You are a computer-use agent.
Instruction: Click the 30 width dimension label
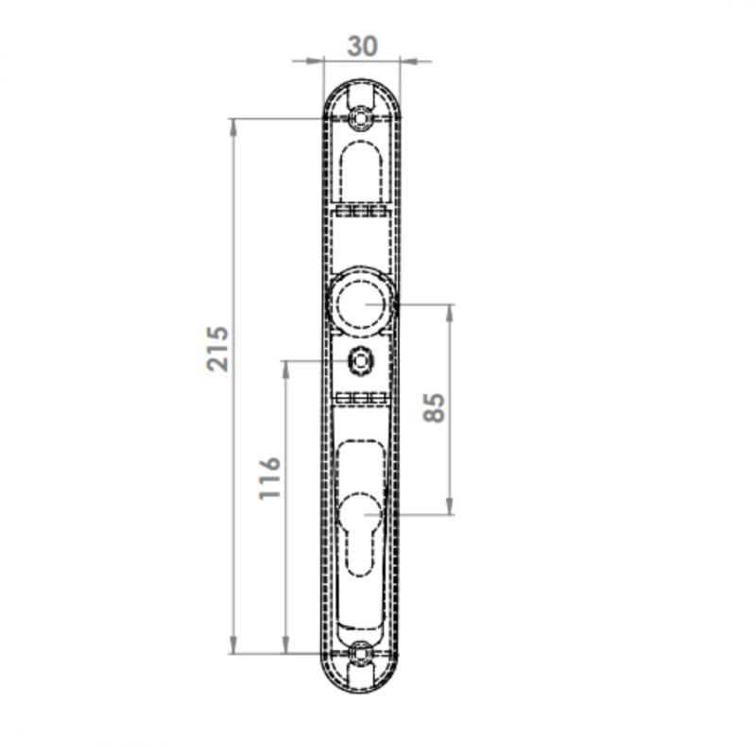362,46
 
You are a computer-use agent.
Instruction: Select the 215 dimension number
217,349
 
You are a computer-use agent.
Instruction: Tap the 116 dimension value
269,477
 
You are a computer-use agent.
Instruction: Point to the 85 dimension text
434,408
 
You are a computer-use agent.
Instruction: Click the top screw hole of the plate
360,118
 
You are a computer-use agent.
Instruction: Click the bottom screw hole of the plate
360,653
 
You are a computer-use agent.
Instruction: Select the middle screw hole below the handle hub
360,361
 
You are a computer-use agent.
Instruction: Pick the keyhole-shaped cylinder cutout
361,534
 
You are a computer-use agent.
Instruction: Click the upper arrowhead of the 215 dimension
233,128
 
